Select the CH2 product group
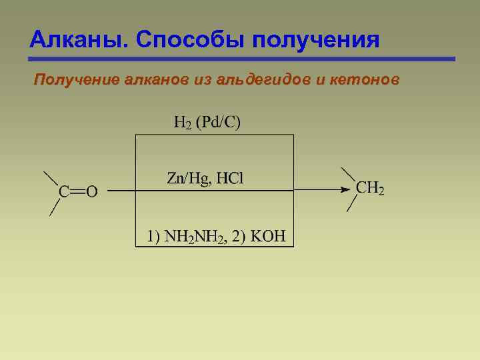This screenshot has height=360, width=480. (x=370, y=189)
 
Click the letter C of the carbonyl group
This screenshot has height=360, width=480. (x=64, y=192)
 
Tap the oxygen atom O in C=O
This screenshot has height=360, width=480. (x=91, y=192)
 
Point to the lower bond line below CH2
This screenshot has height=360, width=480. (x=351, y=203)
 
